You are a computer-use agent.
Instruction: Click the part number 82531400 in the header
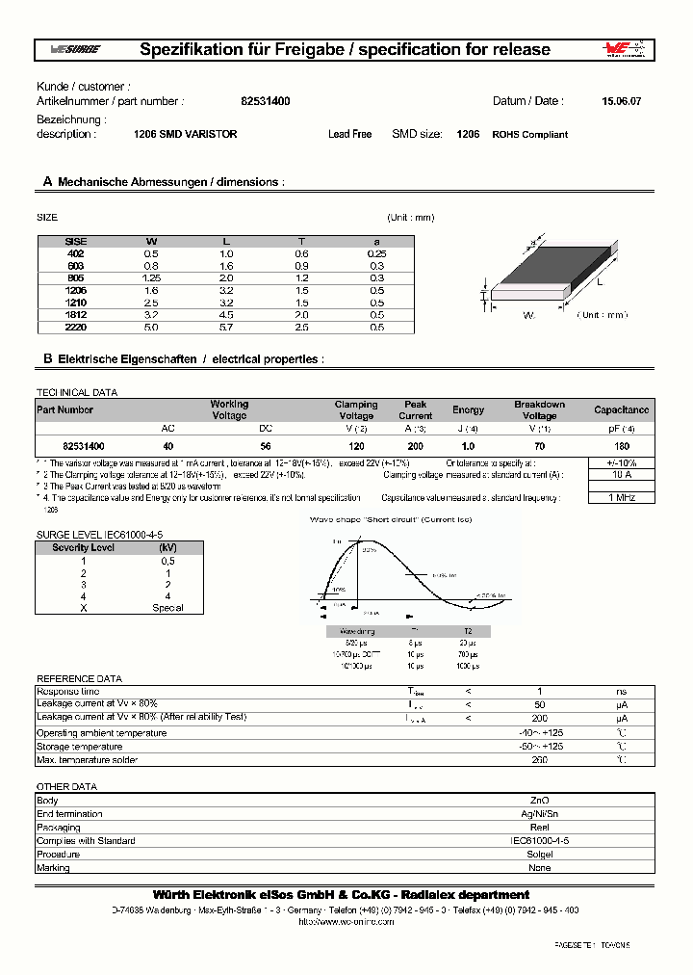coord(265,101)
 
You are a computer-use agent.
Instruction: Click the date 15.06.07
coord(620,101)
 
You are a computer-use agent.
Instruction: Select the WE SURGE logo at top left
coord(73,50)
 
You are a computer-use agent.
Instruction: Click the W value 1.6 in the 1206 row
coord(151,289)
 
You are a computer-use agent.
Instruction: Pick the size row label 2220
coord(76,327)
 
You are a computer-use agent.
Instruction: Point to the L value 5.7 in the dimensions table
coord(226,327)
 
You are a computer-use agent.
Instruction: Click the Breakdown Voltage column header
coord(539,410)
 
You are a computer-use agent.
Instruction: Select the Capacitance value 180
coord(621,447)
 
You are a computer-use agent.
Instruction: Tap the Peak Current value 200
coord(415,447)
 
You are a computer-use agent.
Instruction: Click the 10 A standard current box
coord(621,475)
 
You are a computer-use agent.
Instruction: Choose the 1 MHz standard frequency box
coord(621,498)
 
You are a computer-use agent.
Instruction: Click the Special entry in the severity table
coord(167,608)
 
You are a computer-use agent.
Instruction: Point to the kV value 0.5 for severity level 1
coord(167,561)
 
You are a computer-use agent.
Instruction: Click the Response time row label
coord(67,692)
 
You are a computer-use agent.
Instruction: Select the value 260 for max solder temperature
coord(539,760)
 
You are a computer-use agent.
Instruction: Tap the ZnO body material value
coord(539,801)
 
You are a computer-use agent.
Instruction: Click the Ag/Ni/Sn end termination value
coord(539,814)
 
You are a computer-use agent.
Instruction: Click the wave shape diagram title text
coord(390,519)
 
